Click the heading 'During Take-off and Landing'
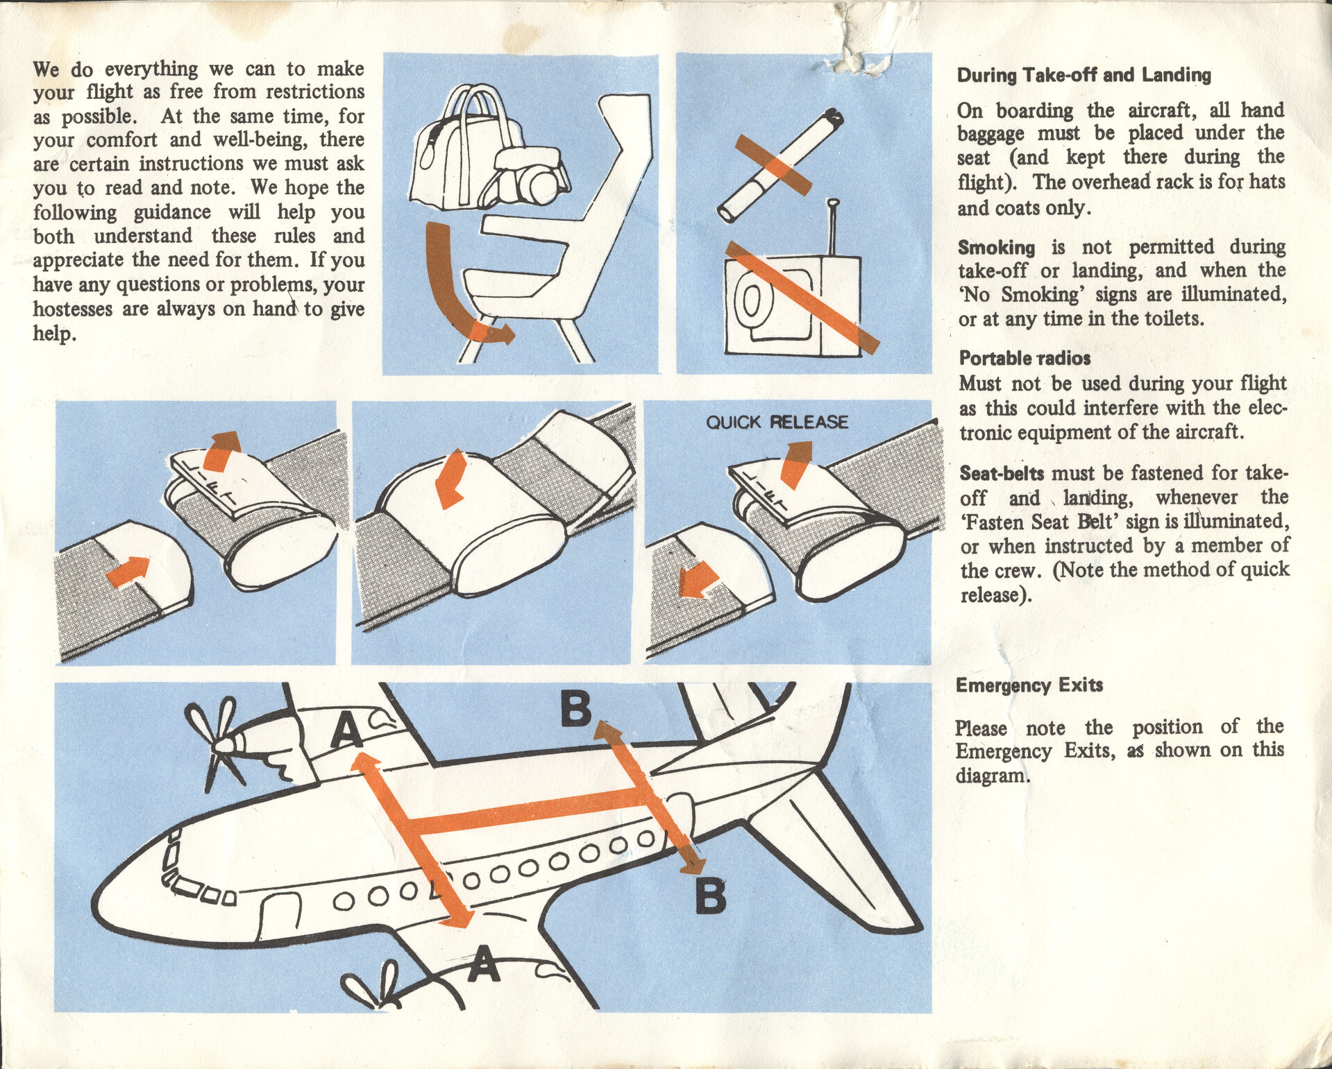[x=1084, y=75]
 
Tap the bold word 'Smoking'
[x=996, y=248]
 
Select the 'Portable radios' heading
[x=1025, y=358]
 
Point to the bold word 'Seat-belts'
[x=1002, y=474]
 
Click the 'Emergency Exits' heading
[x=1029, y=685]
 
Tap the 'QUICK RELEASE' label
[x=777, y=422]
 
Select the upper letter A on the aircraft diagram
[x=347, y=731]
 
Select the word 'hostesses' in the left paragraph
[x=73, y=309]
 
